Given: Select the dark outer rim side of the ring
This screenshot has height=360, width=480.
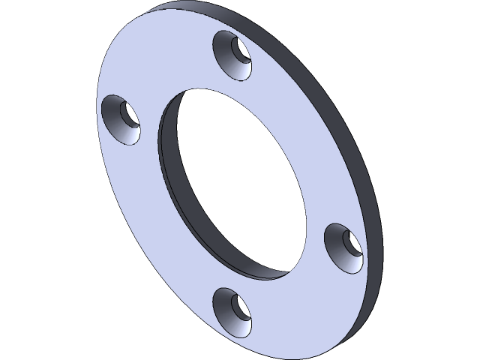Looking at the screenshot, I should point(360,150).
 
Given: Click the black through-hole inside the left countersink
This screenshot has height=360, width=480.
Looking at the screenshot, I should point(128,114).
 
